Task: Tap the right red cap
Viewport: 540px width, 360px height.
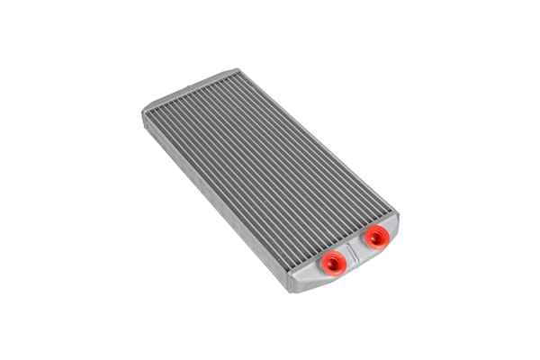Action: tap(375, 237)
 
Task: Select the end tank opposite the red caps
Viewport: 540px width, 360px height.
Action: tap(189, 90)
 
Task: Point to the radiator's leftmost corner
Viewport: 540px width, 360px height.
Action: tap(143, 112)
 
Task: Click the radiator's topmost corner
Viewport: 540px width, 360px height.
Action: tap(236, 69)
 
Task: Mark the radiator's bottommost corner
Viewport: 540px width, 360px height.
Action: tap(292, 291)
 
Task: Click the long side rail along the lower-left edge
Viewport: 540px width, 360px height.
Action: tap(216, 205)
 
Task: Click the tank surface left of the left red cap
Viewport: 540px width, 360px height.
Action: tap(306, 270)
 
